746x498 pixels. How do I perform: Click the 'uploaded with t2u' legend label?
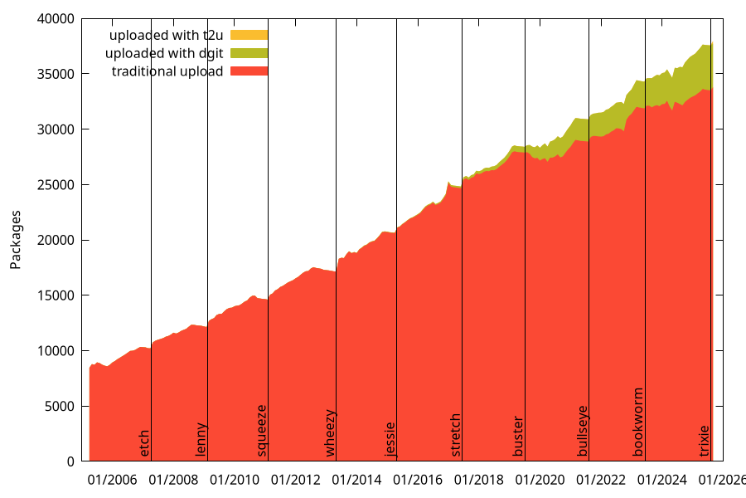167,36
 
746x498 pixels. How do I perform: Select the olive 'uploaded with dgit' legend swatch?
249,54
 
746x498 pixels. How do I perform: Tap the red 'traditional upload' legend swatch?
249,71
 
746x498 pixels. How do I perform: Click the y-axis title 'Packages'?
16,240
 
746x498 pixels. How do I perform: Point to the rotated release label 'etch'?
145,442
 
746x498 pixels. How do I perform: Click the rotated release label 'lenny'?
201,440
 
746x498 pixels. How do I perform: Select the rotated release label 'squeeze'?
262,430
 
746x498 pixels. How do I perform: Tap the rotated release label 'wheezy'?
330,432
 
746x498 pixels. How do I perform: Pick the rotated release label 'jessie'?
390,439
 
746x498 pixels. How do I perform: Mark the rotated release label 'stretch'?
455,435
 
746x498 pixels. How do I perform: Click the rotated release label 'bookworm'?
638,422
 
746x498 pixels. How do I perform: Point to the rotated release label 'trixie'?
705,441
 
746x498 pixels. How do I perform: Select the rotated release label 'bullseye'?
582,431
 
